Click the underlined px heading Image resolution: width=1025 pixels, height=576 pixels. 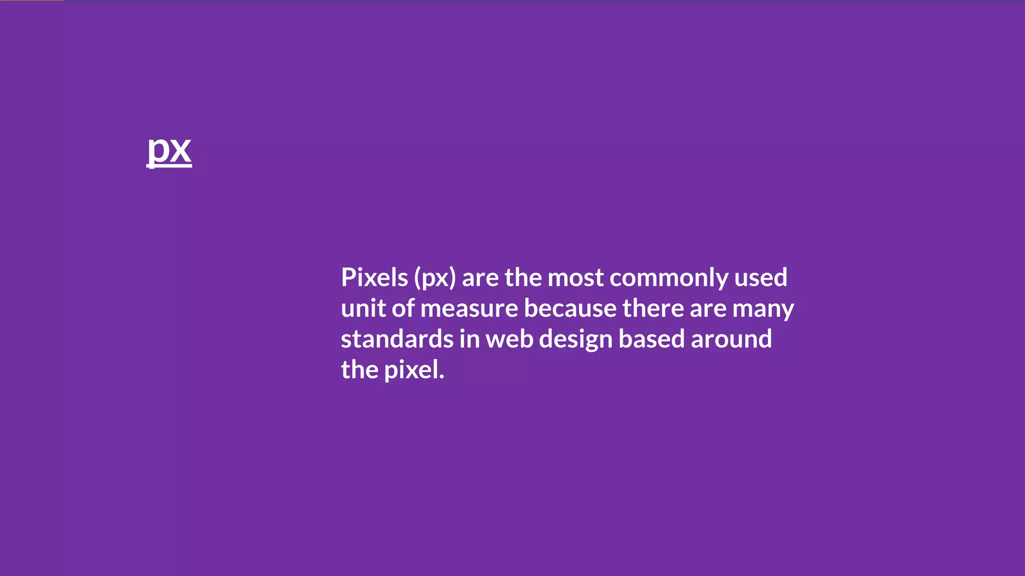[x=169, y=149]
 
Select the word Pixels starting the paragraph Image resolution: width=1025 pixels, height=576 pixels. [x=374, y=277]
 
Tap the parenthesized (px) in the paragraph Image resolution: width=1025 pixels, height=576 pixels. [x=435, y=278]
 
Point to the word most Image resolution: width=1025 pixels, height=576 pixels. [x=576, y=278]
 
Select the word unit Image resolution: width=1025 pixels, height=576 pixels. [x=363, y=308]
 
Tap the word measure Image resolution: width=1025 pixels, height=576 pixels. [x=469, y=308]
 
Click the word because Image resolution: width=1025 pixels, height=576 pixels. [x=570, y=308]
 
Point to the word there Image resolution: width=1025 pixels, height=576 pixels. [x=653, y=308]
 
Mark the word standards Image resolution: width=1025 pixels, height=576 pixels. [x=397, y=339]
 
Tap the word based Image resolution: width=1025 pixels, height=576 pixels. [x=652, y=339]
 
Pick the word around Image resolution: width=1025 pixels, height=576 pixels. [x=731, y=339]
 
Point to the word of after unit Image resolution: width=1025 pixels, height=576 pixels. [x=403, y=308]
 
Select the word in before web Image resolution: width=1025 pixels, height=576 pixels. [x=469, y=339]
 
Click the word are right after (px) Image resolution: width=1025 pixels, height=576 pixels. [x=480, y=278]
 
